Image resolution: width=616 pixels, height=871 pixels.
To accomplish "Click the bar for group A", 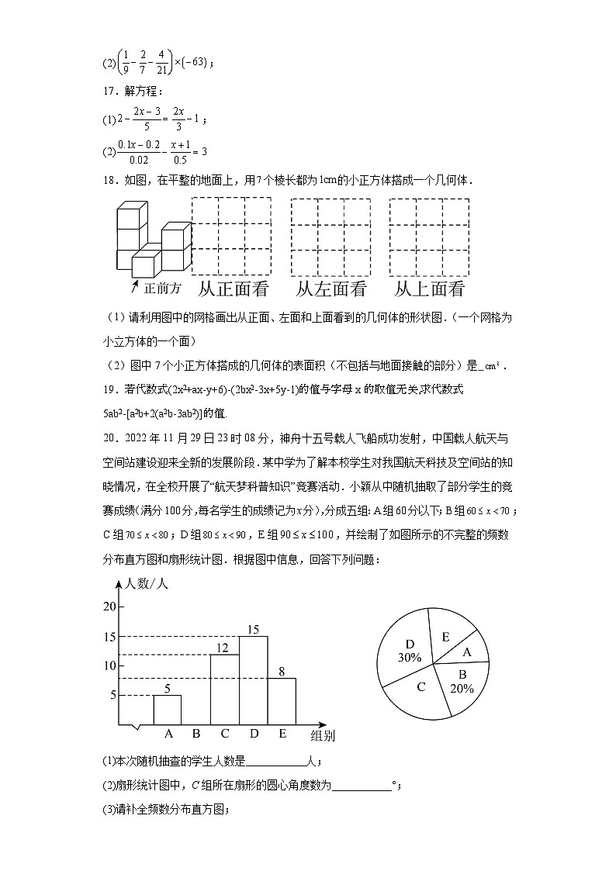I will [167, 710].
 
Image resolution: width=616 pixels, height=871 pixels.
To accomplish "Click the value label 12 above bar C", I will [223, 648].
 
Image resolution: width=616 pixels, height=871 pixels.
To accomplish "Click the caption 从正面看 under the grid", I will [233, 289].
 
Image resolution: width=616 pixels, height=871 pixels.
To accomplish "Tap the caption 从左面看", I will [331, 289].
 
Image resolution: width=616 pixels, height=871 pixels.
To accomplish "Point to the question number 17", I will [109, 90].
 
